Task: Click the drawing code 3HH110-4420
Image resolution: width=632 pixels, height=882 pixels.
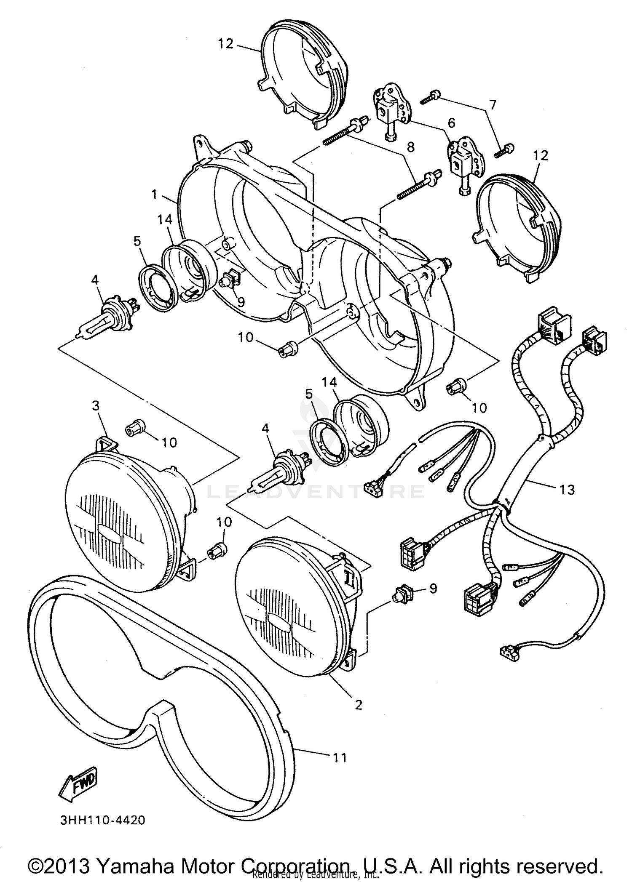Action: [x=103, y=821]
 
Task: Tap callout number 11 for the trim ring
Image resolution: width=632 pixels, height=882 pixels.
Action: [x=340, y=758]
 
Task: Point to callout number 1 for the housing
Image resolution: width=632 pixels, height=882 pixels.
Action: [x=155, y=194]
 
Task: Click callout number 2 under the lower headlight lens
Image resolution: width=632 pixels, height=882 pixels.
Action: [x=359, y=705]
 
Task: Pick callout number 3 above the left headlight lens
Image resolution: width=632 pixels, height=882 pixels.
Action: [x=96, y=406]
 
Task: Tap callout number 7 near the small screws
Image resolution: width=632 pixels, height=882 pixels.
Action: [x=493, y=104]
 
